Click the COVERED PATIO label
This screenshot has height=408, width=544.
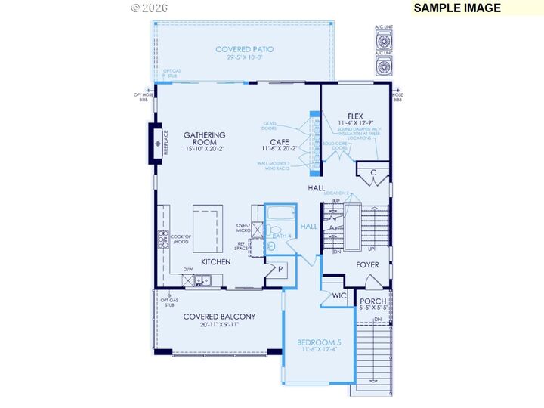click(244, 50)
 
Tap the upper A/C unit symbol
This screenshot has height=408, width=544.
click(384, 40)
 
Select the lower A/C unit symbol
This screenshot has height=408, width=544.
click(384, 66)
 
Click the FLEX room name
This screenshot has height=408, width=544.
click(355, 116)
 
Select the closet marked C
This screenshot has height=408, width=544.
click(373, 172)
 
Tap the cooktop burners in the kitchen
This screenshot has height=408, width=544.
click(162, 240)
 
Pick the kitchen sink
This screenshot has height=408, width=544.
click(202, 280)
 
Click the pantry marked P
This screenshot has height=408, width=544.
click(279, 270)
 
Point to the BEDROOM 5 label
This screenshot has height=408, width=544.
click(319, 342)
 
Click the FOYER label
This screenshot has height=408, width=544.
click(367, 265)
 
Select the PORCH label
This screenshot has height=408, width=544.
click(372, 301)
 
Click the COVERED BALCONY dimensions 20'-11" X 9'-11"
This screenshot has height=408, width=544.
click(218, 326)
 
